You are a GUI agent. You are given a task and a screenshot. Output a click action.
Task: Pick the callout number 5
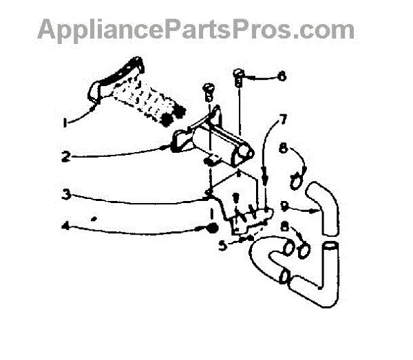(222, 243)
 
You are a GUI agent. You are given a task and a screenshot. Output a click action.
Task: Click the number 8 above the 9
(284, 147)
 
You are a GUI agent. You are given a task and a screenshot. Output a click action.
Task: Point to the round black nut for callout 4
(213, 228)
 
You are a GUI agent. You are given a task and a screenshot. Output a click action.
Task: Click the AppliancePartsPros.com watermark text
(196, 29)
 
